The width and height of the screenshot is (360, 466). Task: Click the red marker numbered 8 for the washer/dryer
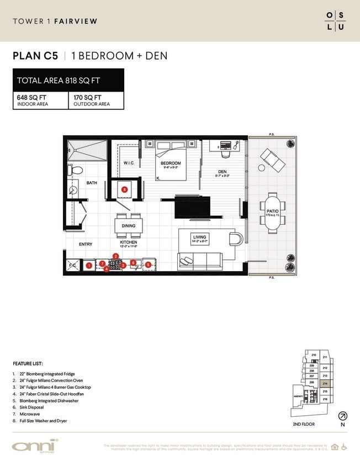[x=125, y=189]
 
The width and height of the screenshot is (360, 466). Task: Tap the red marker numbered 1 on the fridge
[x=89, y=266]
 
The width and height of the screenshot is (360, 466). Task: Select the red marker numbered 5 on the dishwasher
[x=148, y=265]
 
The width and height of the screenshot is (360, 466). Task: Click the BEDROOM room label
[x=171, y=163]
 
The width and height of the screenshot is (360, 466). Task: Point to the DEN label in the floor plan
[x=222, y=172]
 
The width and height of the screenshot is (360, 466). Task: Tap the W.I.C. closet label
[x=129, y=163]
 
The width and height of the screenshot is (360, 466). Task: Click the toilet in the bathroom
[x=77, y=171]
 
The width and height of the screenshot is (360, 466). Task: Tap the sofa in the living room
[x=199, y=260]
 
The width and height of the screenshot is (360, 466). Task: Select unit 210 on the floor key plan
[x=314, y=355]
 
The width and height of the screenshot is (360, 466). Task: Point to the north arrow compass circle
[x=342, y=416]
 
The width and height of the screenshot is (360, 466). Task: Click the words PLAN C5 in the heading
[x=35, y=56]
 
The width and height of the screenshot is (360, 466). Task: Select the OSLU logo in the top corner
[x=335, y=20]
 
